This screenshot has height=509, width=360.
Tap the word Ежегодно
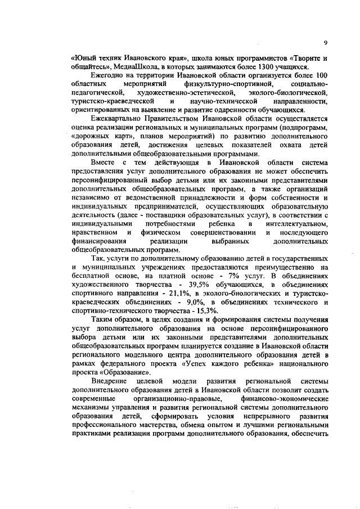pos(108,75)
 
